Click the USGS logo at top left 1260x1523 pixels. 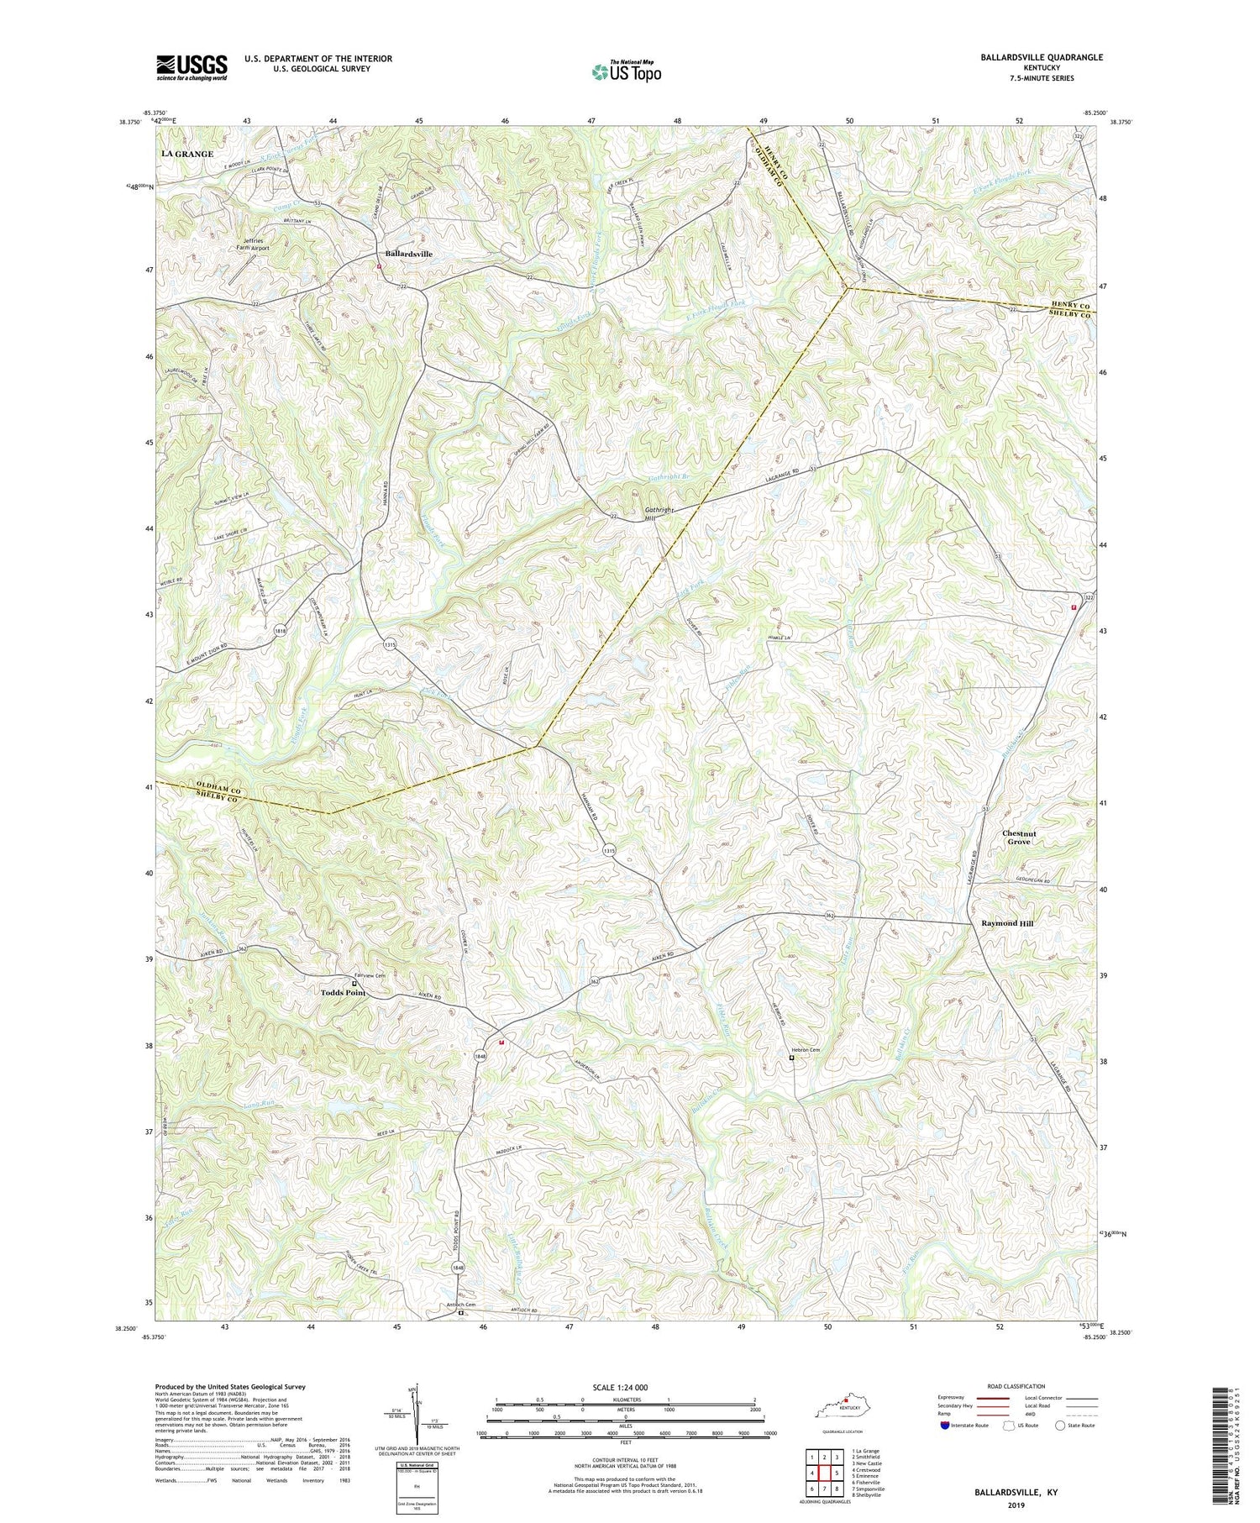pyautogui.click(x=192, y=66)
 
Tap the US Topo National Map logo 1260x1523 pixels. pyautogui.click(x=626, y=71)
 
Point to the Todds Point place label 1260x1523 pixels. pyautogui.click(x=343, y=992)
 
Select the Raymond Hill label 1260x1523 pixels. pyautogui.click(x=1007, y=923)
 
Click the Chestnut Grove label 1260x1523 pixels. pyautogui.click(x=1019, y=838)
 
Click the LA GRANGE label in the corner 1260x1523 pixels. pyautogui.click(x=187, y=155)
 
